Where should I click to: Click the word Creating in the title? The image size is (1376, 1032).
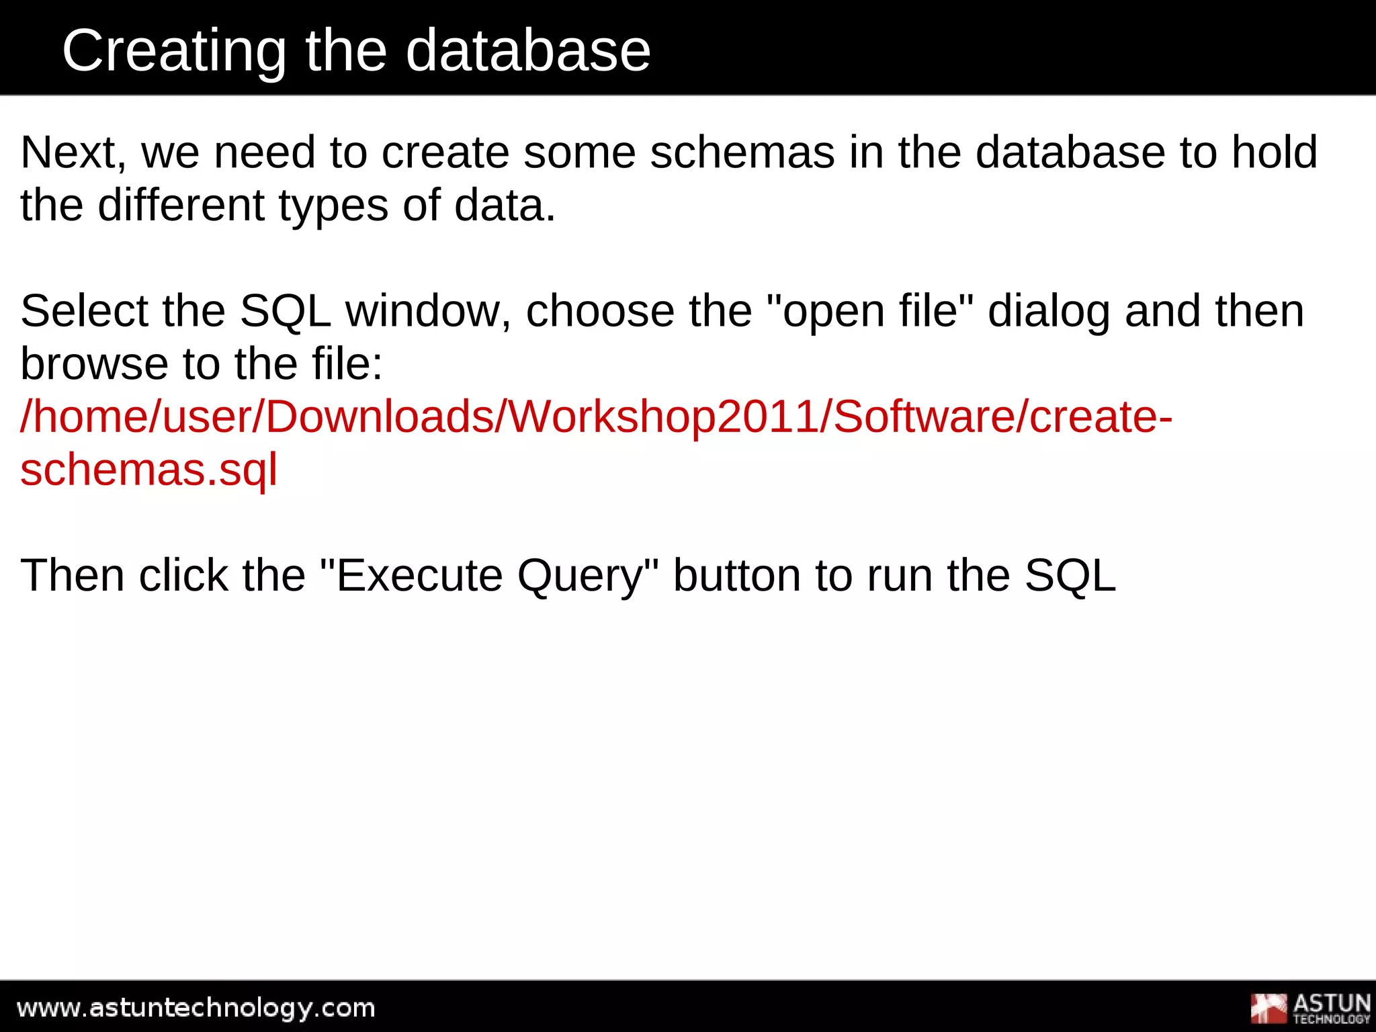[x=174, y=51]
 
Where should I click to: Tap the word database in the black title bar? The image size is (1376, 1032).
[x=528, y=51]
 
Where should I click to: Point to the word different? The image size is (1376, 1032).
[x=181, y=205]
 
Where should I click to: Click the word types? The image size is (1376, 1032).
[x=333, y=206]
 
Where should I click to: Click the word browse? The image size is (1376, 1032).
[x=94, y=364]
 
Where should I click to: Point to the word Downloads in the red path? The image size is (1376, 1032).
[x=380, y=417]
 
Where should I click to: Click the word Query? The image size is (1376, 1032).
[x=587, y=576]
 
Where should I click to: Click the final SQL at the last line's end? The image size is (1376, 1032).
[x=1070, y=576]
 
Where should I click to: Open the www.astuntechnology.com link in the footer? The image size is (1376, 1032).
[x=196, y=1008]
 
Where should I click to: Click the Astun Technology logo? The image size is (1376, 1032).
[x=1309, y=1008]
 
